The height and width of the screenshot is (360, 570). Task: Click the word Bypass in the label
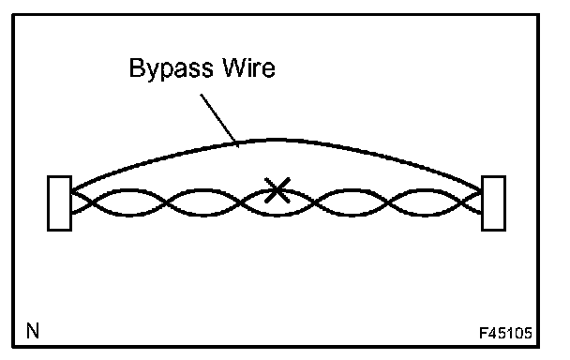[x=172, y=69]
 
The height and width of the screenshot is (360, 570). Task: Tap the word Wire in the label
[x=249, y=67]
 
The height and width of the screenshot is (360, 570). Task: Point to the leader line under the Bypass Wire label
[x=219, y=121]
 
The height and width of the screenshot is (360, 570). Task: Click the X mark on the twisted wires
[x=277, y=190]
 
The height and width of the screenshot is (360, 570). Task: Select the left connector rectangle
[x=60, y=203]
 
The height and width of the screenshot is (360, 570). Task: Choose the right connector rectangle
[x=493, y=203]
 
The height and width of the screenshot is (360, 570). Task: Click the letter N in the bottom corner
[x=33, y=331]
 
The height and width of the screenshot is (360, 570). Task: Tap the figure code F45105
[x=505, y=333]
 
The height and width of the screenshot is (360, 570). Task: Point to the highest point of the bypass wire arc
[x=278, y=140]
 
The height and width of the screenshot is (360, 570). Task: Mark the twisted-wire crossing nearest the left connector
[x=90, y=202]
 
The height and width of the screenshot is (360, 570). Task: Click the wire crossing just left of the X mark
[x=240, y=202]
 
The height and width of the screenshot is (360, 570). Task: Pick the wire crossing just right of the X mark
[x=314, y=202]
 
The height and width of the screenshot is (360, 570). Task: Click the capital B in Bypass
[x=136, y=67]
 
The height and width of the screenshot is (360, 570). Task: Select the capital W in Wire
[x=234, y=67]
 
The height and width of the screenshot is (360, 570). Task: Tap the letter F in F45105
[x=484, y=333]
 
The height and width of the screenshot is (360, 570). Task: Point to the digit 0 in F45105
[x=518, y=333]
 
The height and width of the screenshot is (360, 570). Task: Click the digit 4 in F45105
[x=492, y=333]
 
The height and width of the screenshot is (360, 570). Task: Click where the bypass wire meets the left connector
[x=73, y=190]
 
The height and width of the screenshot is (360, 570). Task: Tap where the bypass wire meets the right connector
[x=481, y=190]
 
